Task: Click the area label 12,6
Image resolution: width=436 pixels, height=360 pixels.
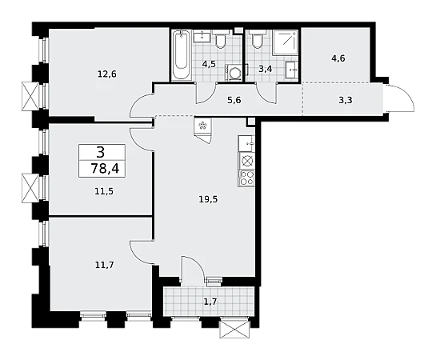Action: coord(106,74)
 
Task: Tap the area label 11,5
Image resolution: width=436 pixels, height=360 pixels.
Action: coord(104,191)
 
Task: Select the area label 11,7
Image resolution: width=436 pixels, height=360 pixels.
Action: coord(104,265)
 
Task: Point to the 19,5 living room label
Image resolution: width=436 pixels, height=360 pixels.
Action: coord(208,199)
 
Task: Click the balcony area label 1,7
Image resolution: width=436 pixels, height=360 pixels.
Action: coord(210,302)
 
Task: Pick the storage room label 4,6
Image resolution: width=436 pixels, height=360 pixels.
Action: coord(338,58)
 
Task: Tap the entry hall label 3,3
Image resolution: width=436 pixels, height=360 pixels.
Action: coord(346,100)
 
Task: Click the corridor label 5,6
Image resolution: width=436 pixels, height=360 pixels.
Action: coord(234,100)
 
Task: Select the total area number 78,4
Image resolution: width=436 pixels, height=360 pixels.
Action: coord(105,169)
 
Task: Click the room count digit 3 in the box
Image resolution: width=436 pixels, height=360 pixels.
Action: coord(101,152)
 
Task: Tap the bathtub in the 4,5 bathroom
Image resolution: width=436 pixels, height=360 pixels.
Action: coord(181,55)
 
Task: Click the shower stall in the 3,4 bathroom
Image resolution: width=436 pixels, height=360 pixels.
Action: coord(285,42)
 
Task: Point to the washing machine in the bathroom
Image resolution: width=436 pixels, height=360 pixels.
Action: coord(234,73)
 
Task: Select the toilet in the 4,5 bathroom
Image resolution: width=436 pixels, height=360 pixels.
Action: coord(221,39)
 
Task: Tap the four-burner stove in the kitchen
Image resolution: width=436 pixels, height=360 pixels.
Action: coord(246,178)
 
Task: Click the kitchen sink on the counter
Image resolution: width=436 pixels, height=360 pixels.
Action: coord(246,144)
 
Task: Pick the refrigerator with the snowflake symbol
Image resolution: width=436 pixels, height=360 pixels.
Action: coord(203,130)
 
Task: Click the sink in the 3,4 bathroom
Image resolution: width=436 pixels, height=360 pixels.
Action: coord(291,70)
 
